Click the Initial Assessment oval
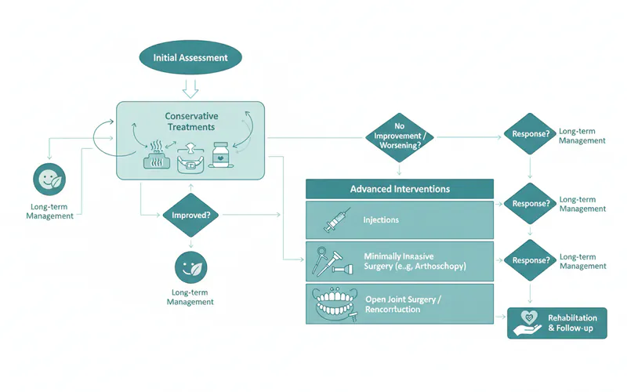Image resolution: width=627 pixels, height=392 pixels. point(190,56)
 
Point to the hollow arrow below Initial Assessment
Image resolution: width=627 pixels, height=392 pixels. point(190,86)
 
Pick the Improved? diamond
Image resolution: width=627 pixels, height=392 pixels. point(190,214)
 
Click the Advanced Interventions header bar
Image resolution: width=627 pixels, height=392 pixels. point(399,189)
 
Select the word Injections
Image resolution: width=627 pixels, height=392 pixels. point(381,220)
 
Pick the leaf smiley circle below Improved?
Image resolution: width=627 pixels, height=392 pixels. point(190,267)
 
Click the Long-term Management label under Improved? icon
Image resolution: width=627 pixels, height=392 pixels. point(190,297)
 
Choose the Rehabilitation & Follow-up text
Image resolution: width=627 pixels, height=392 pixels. point(572,322)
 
